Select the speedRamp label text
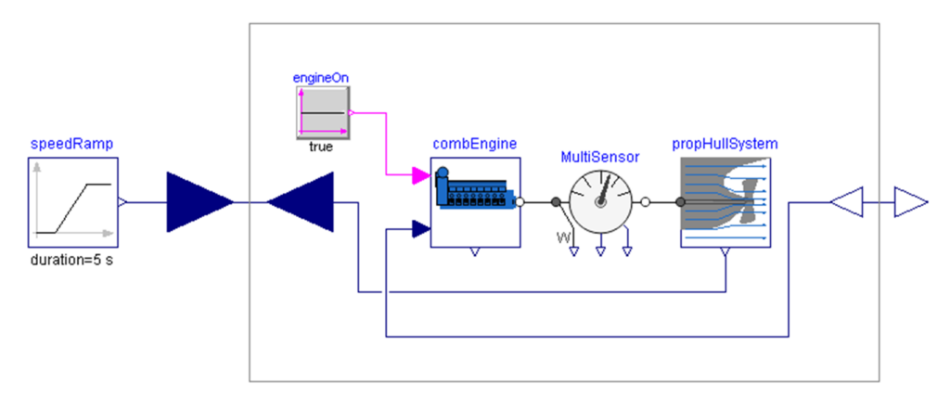click(x=72, y=145)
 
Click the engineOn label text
click(x=320, y=77)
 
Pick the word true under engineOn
click(x=321, y=147)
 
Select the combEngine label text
click(x=474, y=144)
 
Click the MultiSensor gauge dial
click(x=599, y=199)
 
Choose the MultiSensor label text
click(x=599, y=157)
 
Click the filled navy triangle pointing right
click(x=199, y=201)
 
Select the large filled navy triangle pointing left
click(x=301, y=201)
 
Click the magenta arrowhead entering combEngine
click(x=419, y=173)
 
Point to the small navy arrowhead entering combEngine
click(x=420, y=229)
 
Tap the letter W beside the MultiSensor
click(x=562, y=239)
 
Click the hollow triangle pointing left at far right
click(x=847, y=201)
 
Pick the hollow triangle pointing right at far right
click(x=910, y=201)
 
